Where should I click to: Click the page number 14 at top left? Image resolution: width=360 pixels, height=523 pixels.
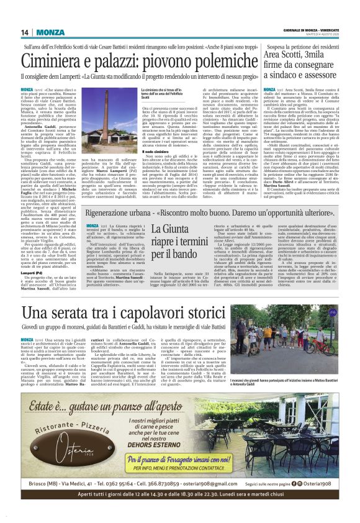coord(25,32)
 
